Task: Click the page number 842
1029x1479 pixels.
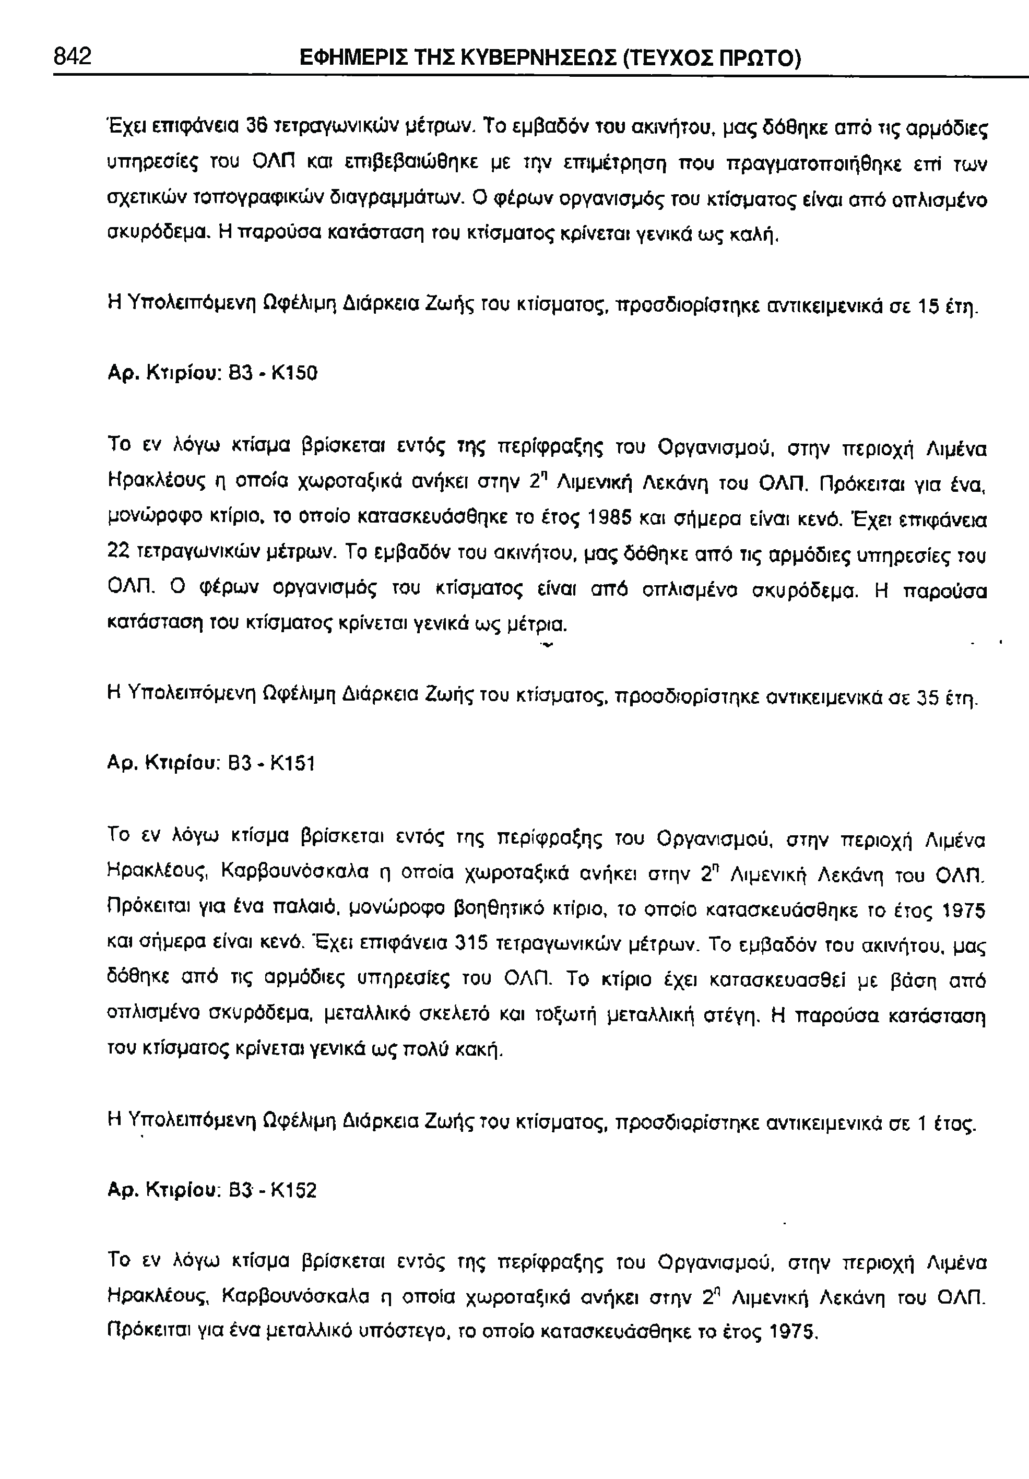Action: [72, 57]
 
